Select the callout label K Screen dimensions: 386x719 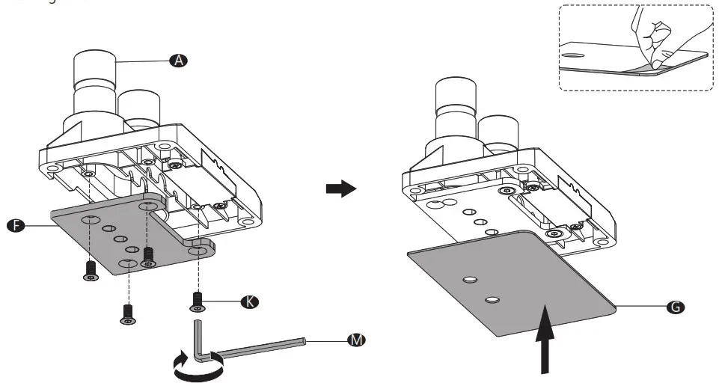pos(250,301)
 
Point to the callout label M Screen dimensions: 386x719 pos(357,340)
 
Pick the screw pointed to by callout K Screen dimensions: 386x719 pos(197,301)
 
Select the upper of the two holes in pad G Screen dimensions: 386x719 pos(470,280)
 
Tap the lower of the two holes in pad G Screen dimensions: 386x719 pos(491,299)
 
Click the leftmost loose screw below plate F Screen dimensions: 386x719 pos(91,271)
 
